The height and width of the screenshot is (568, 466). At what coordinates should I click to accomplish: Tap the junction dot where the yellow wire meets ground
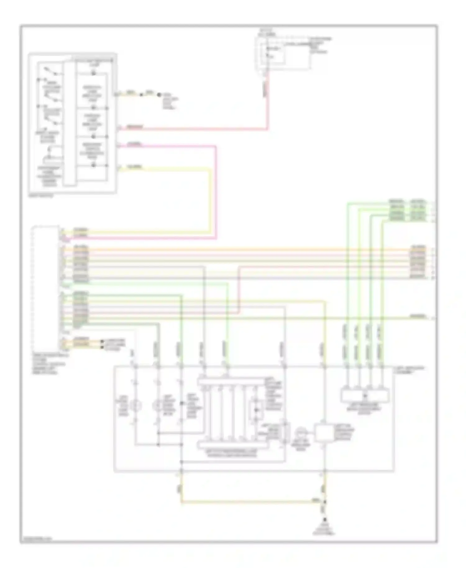(x=325, y=502)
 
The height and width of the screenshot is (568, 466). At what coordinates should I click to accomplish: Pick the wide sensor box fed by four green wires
(x=365, y=395)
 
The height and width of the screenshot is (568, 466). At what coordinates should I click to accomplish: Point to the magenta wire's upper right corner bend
(x=215, y=146)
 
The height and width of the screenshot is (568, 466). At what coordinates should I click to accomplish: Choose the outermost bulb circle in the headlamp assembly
(x=135, y=405)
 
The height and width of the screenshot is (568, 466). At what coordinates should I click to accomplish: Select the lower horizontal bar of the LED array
(x=233, y=445)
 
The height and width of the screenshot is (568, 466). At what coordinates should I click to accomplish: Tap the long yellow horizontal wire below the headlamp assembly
(x=249, y=501)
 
